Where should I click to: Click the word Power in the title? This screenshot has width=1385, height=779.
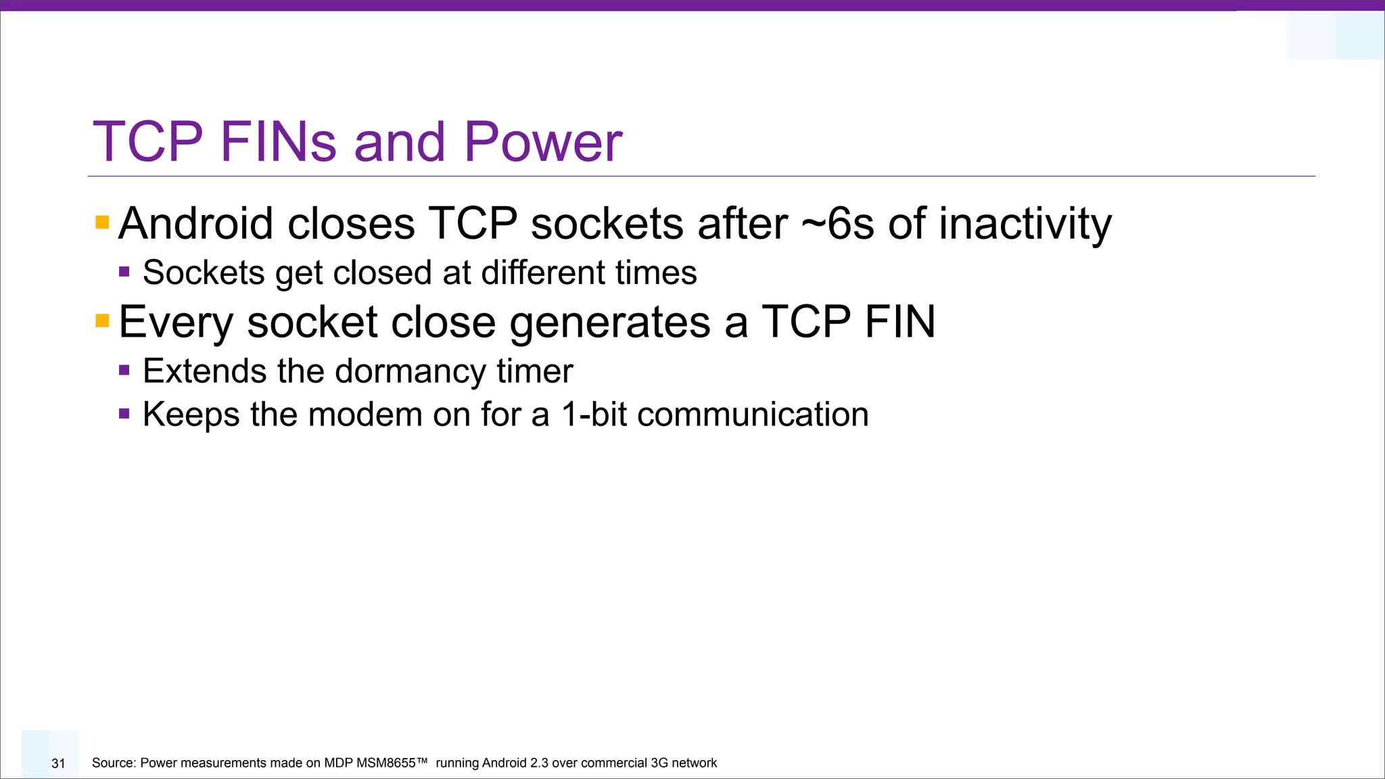click(542, 142)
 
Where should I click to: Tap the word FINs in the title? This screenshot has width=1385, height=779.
click(278, 142)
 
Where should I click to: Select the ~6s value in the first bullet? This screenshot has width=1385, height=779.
click(837, 224)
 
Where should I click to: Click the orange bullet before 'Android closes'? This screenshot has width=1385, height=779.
click(102, 222)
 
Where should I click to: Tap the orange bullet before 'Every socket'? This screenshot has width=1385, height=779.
click(102, 321)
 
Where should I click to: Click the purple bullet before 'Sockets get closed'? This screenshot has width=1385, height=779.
click(124, 272)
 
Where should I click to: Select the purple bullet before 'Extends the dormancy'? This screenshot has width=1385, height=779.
click(124, 370)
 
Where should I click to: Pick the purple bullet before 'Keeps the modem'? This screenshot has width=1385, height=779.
click(124, 413)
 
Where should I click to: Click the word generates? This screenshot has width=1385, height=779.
click(609, 323)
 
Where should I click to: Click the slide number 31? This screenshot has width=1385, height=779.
click(58, 763)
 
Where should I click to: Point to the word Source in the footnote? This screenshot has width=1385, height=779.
click(112, 763)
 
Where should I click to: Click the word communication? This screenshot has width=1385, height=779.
click(752, 415)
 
